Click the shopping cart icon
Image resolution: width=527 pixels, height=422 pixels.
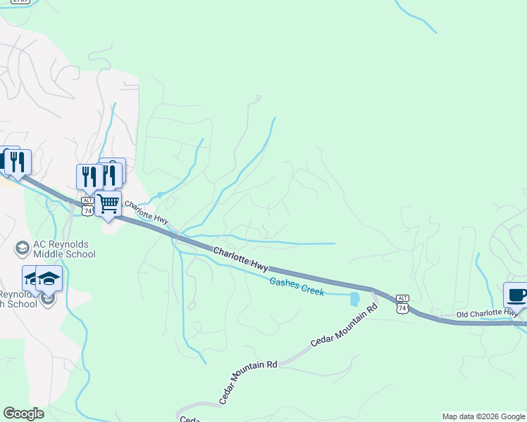click(x=108, y=204)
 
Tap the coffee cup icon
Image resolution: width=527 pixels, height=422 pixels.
click(x=516, y=295)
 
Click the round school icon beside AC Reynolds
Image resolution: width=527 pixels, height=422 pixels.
click(x=22, y=248)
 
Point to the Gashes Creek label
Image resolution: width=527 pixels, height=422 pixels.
click(x=297, y=286)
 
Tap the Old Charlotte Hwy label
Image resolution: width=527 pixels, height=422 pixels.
click(x=488, y=313)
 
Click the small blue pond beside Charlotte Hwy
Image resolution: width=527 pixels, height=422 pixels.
click(x=354, y=299)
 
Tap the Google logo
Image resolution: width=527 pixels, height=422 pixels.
click(x=23, y=414)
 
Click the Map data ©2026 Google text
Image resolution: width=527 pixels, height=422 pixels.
click(x=483, y=416)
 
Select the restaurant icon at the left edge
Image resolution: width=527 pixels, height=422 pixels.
click(x=17, y=162)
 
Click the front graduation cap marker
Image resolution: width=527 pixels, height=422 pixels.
click(x=49, y=279)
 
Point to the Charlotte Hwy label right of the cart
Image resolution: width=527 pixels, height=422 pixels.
click(x=146, y=214)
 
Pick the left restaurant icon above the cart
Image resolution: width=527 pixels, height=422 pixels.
click(x=89, y=177)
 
